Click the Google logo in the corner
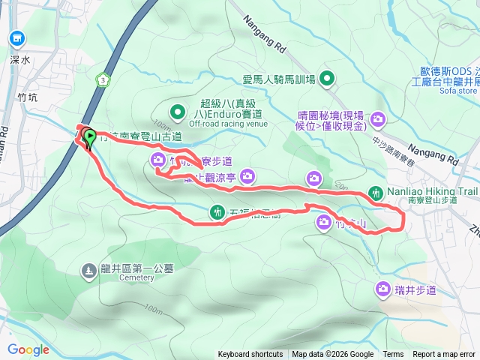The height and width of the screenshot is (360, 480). coord(28,349)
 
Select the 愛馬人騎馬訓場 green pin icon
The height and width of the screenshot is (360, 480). coord(327,78)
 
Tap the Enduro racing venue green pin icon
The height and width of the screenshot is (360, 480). coord(178,113)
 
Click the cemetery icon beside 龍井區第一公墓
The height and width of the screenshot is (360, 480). coord(88,268)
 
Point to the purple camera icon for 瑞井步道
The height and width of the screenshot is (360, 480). coord(383,289)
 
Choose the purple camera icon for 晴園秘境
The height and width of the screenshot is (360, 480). coord(378,118)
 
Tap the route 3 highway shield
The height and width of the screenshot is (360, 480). coord(103,79)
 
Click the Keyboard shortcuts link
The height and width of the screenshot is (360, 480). coord(251,355)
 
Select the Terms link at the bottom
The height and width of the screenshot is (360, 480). coord(393,355)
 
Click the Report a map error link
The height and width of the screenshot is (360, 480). coord(445,355)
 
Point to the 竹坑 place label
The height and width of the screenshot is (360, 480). coord(27,97)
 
